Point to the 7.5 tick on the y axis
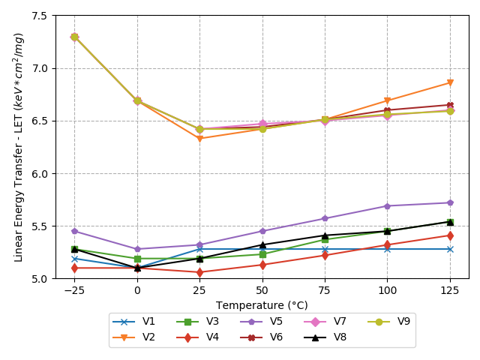pos(40,16)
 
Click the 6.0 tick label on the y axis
pos(40,173)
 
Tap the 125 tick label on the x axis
pos(450,289)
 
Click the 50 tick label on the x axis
pos(262,289)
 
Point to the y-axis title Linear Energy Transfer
pos(19,147)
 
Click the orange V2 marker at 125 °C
pos(450,82)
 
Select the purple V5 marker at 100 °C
pos(387,205)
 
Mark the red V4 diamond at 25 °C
pos(199,272)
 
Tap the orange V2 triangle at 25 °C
pos(199,138)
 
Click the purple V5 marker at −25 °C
pos(74,231)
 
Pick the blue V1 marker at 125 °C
pos(450,249)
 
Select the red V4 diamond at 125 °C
pos(450,235)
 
